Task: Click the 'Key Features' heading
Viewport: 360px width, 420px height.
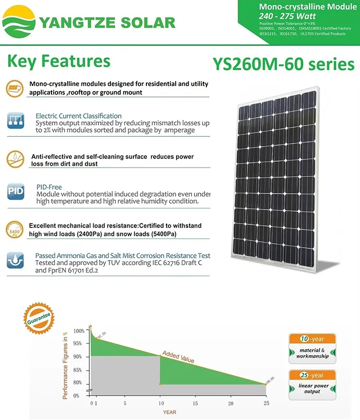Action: tap(59, 61)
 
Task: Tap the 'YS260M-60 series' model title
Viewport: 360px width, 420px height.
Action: tap(283, 64)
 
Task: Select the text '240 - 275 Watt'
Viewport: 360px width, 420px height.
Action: tap(288, 16)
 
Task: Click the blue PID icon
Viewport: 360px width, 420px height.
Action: tap(15, 192)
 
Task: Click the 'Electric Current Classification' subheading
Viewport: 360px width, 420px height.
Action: tap(79, 116)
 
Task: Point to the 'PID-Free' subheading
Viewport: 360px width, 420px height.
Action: tap(49, 187)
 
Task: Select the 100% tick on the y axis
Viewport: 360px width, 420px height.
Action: tap(79, 331)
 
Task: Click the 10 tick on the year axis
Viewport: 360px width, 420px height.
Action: tap(160, 403)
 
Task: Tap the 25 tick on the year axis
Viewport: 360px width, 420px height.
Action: tap(265, 403)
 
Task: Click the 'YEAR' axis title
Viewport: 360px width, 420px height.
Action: tap(169, 412)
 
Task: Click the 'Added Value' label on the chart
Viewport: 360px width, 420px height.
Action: tap(178, 357)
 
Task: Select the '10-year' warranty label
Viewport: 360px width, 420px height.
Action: tap(312, 339)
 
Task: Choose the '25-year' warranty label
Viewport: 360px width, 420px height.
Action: tap(312, 375)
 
